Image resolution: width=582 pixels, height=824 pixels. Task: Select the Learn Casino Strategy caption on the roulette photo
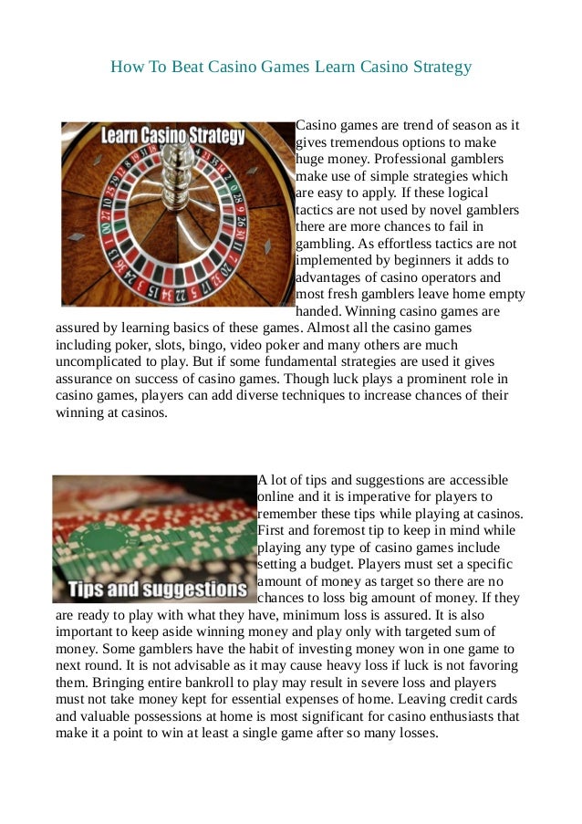tap(172, 137)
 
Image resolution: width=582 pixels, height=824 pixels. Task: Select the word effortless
tap(399, 244)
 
